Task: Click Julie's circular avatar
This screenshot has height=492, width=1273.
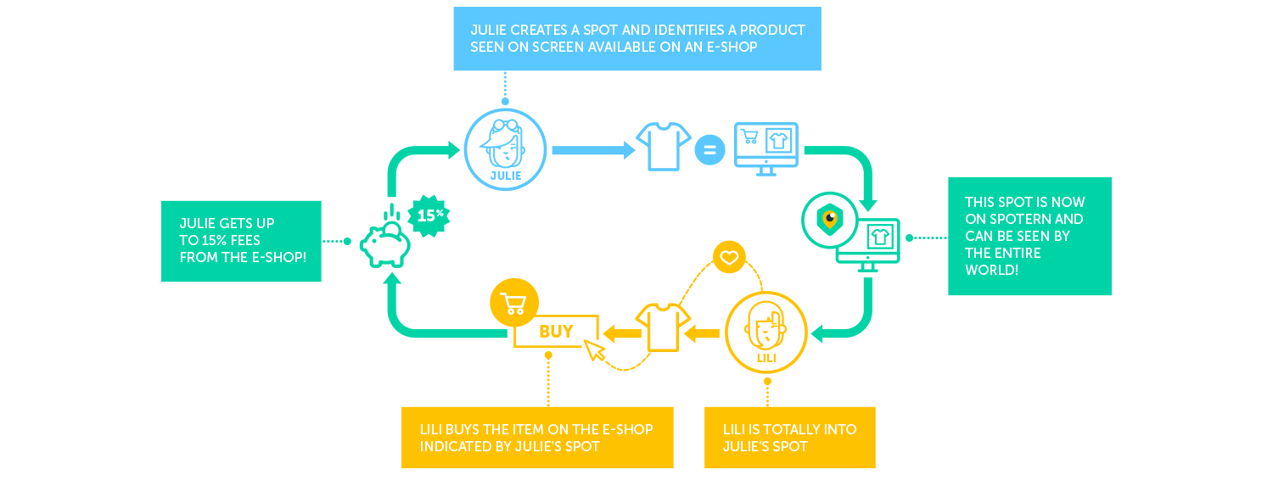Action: coord(505,149)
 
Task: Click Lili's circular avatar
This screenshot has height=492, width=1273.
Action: coord(766,333)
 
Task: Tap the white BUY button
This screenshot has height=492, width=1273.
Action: coord(556,332)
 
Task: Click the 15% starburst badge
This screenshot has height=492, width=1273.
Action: coord(429,215)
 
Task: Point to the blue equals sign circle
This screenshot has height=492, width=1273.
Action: coord(710,151)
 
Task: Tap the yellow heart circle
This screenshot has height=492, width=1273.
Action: coord(729,257)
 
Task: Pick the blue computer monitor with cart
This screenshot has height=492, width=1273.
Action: coord(765,147)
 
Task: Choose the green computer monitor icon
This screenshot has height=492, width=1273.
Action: coord(868,244)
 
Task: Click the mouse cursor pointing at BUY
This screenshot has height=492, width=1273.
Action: coord(595,350)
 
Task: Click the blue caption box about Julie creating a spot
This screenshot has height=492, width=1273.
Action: coord(636,39)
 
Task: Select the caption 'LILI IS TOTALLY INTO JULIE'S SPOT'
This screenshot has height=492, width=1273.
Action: coord(789,438)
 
